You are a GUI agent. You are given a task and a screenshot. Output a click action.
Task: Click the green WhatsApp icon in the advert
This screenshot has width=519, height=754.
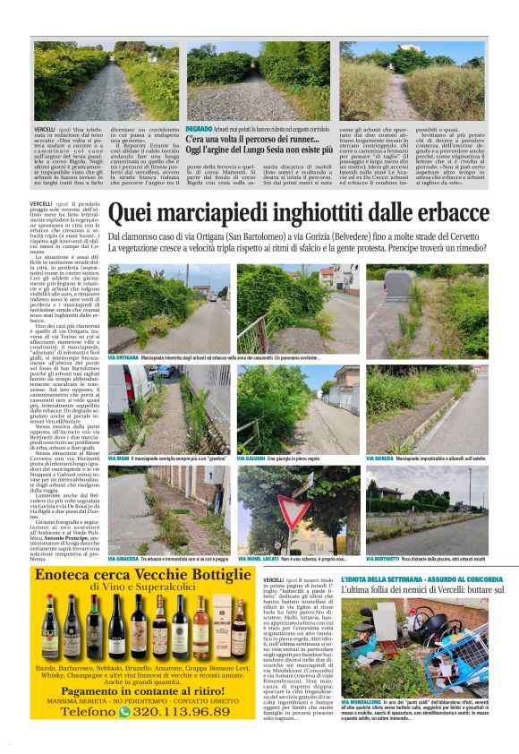click(123, 712)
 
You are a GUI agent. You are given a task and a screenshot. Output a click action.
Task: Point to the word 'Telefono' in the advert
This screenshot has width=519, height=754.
click(81, 712)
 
